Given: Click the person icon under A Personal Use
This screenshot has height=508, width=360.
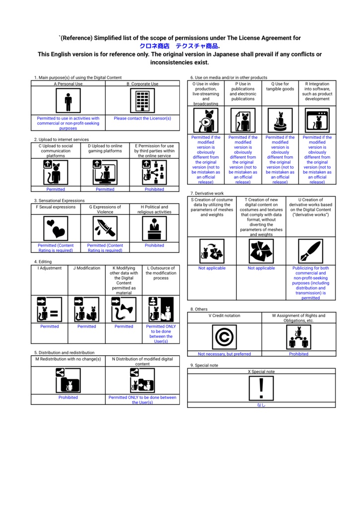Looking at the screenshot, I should pos(68,102).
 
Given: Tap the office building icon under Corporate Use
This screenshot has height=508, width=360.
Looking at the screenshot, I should pos(143,102).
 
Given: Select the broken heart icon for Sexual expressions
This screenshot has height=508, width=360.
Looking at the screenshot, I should pos(56,228).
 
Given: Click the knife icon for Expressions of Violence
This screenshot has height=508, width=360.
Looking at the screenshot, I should pos(105,228).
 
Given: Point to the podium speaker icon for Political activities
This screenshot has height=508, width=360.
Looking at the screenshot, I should pos(154,228).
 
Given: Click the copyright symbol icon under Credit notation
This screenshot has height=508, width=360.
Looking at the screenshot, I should pos(224,337).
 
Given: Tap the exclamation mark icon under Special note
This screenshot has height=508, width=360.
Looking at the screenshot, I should pos(261,387).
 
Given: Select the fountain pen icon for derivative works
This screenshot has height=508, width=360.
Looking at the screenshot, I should pos(310,252).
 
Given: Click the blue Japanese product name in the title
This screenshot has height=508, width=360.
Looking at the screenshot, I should pos(179,46).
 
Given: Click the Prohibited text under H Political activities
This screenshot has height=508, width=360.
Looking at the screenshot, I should pos(154,245).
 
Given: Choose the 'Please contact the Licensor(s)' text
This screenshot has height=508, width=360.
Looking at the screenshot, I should pos(143,119).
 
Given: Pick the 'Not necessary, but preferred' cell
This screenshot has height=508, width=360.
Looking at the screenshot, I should pos(224,354).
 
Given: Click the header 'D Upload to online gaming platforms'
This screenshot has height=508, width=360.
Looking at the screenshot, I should pos(105,148).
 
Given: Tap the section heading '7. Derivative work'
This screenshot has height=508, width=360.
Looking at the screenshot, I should pos(207,193).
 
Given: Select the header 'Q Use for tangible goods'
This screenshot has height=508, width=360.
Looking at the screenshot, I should pos(280,87).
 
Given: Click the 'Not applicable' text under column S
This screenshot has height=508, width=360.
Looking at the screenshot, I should pos(212,268).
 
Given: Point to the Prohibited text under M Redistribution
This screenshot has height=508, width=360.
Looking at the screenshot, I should pos(68,397).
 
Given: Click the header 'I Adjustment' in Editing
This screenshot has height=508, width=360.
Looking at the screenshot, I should pos(49,268).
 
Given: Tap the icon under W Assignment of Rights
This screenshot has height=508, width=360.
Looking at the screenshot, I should pos(298,337).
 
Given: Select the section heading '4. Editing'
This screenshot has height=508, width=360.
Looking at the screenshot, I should pos(43,261).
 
